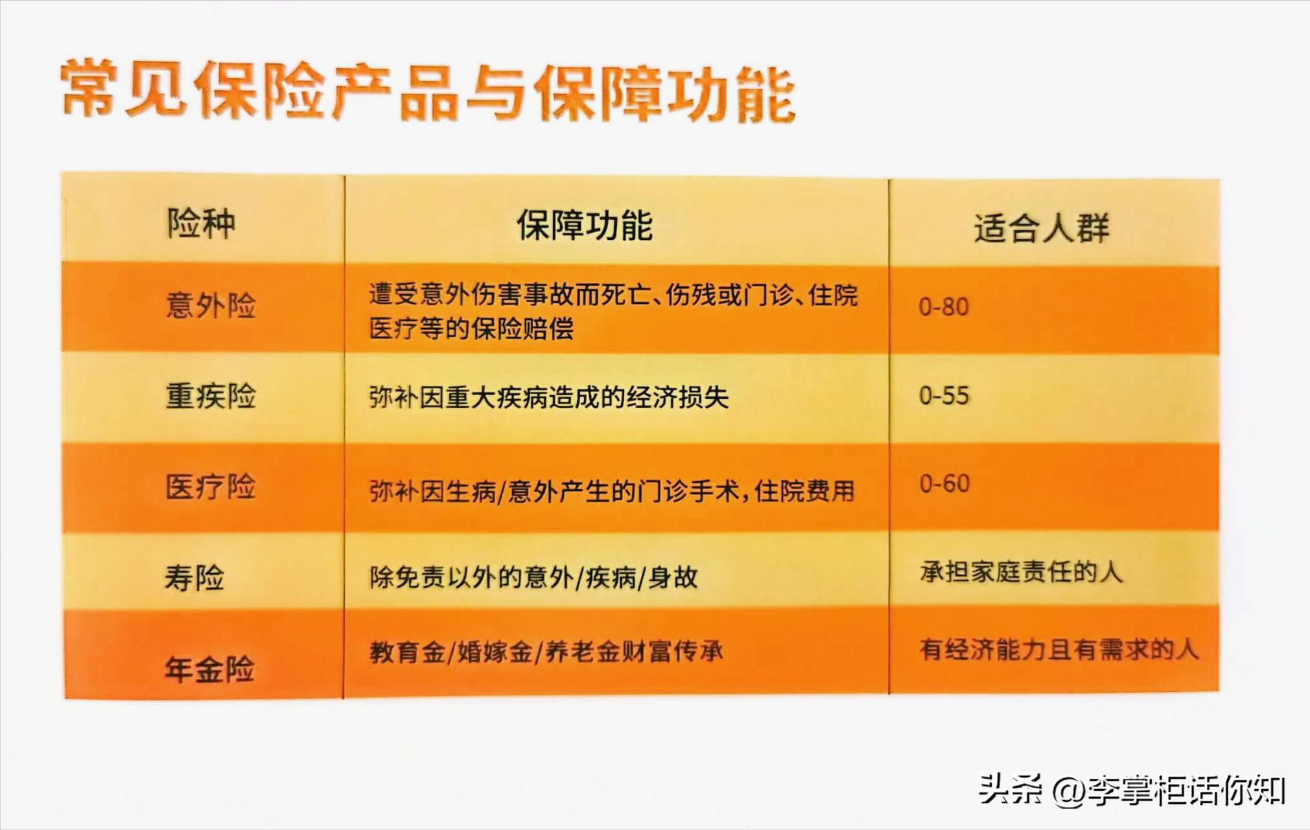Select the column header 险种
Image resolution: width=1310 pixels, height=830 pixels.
201,224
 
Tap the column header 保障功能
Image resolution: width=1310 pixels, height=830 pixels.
585,226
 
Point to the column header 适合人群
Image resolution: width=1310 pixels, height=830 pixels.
1041,228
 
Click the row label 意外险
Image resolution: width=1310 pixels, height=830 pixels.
211,305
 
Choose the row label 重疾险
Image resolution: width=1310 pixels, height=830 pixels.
211,396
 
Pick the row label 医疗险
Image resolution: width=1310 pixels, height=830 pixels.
211,487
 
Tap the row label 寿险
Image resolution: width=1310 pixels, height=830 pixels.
194,577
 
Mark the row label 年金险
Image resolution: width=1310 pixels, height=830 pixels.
209,669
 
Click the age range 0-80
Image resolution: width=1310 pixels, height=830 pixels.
944,307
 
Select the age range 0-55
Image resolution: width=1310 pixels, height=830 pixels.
944,396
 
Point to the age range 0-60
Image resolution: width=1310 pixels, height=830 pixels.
944,484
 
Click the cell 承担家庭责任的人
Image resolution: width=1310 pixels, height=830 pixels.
1021,572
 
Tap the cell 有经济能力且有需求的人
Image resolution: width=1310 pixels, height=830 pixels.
1059,649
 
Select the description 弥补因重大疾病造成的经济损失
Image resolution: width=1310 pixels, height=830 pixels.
549,397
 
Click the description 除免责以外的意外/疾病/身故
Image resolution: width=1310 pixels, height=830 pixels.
533,577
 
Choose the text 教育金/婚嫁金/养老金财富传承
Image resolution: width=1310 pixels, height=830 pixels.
546,652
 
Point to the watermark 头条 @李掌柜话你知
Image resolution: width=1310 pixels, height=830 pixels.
1132,790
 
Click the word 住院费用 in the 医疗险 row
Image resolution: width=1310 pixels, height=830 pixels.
804,492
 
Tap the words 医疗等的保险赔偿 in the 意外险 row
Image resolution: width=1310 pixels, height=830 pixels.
471,329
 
